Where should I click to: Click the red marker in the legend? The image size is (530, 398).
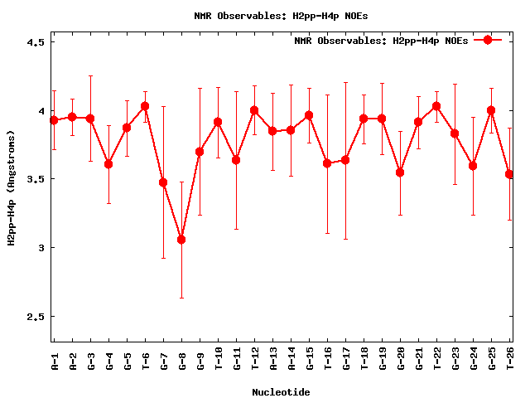point(488,40)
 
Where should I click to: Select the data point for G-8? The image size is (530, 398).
point(181,240)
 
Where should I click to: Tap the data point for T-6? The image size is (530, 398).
point(145,106)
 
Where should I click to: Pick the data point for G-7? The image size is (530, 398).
point(163,182)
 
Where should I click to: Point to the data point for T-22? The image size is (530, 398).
point(436,106)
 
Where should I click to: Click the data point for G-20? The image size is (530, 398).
point(400,172)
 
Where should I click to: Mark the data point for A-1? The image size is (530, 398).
point(54,120)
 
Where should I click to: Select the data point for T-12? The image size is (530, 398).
point(254,110)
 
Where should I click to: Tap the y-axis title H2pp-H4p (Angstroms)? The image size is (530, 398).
point(12,187)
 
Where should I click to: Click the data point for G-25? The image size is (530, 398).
point(491,110)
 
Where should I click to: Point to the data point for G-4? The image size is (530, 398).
point(108,164)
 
